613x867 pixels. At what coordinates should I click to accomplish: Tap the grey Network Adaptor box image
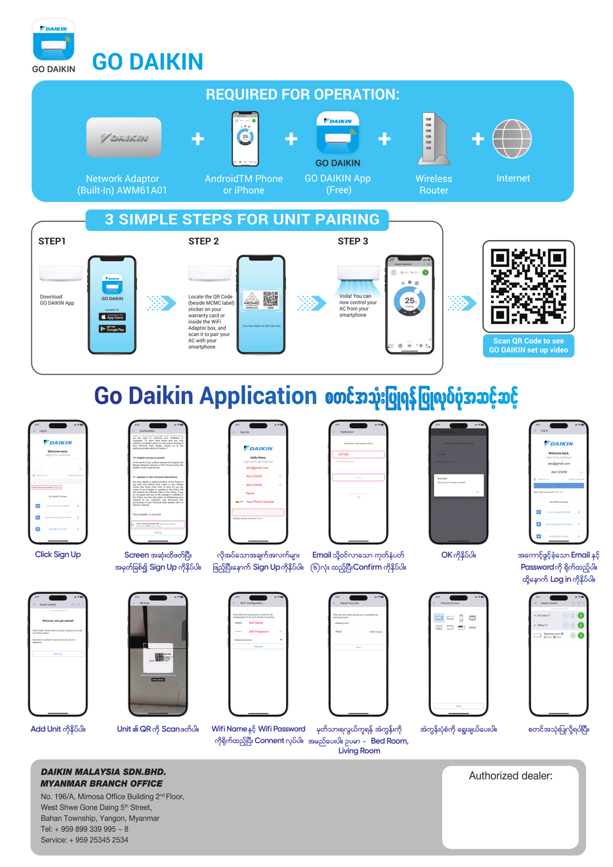click(x=124, y=137)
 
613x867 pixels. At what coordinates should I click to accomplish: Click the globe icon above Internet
click(x=512, y=139)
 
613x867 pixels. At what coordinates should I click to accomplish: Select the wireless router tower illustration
click(x=434, y=139)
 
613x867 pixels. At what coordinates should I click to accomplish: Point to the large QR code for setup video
click(x=528, y=286)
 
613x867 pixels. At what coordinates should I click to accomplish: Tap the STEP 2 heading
click(x=203, y=241)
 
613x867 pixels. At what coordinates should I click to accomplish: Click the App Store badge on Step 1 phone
click(x=112, y=317)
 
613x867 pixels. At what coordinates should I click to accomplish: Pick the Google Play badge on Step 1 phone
click(x=112, y=329)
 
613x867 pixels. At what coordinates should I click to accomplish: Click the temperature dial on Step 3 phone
click(x=409, y=302)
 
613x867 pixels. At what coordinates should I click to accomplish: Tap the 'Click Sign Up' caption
click(x=57, y=554)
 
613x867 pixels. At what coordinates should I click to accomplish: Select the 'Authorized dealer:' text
click(x=510, y=776)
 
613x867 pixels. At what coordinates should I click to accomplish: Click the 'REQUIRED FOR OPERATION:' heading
click(x=302, y=94)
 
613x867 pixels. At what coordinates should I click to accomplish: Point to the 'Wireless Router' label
click(x=434, y=185)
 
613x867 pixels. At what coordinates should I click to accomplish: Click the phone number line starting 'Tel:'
click(x=84, y=829)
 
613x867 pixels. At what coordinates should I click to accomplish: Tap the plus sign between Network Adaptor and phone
click(x=198, y=139)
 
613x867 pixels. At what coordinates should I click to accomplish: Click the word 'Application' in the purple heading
click(x=258, y=396)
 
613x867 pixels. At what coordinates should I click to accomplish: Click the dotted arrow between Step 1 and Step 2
click(x=161, y=303)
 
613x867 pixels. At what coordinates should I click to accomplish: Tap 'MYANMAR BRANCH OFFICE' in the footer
click(x=102, y=784)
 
